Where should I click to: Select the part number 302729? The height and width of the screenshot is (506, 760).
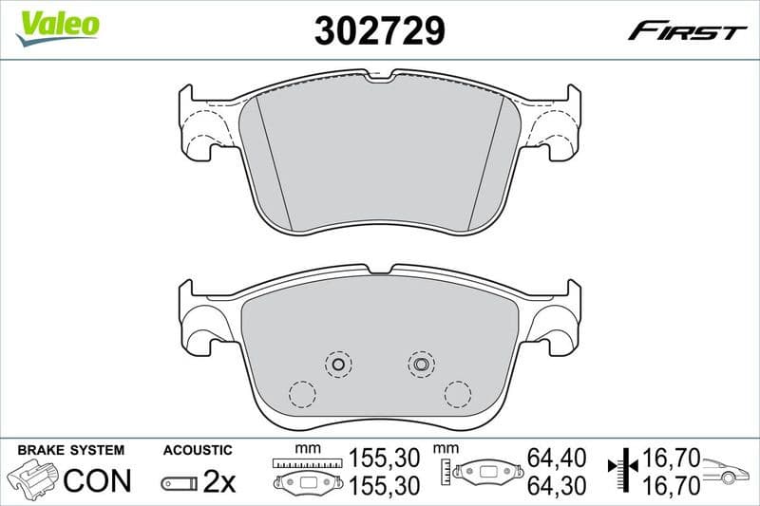pos(380,31)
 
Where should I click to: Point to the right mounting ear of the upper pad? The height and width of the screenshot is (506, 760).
pos(559,123)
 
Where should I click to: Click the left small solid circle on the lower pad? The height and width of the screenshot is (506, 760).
pos(337,363)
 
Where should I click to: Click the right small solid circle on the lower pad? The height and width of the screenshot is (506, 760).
pos(420,362)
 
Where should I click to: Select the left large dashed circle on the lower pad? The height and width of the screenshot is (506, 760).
pos(302,393)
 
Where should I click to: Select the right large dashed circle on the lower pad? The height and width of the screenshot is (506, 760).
pos(457,392)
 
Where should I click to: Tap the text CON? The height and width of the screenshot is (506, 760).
pos(97,480)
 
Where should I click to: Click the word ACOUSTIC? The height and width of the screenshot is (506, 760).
pos(198,449)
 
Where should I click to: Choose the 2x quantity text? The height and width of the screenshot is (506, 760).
pos(219,481)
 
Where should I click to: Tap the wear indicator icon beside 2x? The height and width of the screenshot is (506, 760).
pos(179,483)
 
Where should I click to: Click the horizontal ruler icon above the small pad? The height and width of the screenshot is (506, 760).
pos(305,463)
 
